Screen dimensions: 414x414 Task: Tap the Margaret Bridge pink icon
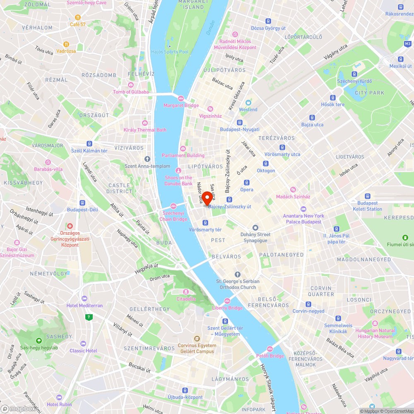[181, 98]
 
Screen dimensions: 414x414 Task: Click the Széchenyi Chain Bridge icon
[173, 206]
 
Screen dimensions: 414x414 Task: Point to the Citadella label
[186, 298]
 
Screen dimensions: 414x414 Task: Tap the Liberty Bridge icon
[227, 301]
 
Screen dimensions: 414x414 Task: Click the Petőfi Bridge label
[270, 356]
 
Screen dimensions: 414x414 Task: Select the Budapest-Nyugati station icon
[239, 122]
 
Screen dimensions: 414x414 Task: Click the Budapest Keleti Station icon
[367, 196]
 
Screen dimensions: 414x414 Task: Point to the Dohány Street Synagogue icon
[255, 227]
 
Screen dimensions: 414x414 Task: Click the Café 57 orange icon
[77, 17]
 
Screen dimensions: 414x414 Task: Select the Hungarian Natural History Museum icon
[375, 323]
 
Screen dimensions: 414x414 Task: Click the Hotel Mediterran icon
[84, 298]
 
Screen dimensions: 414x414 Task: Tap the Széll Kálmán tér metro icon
[89, 143]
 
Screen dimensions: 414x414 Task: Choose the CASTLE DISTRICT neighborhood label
[120, 188]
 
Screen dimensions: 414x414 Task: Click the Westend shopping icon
[248, 102]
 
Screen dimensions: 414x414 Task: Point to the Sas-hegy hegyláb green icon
[39, 340]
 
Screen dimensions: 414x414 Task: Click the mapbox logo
[19, 408]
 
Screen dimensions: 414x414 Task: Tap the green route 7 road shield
[88, 318]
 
